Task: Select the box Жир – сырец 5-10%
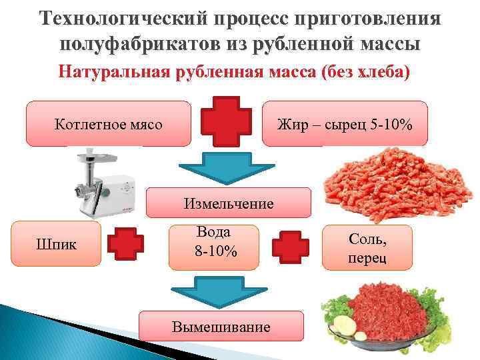344,123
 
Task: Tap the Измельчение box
229,203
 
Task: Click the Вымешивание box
221,327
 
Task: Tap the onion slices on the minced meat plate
347,326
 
